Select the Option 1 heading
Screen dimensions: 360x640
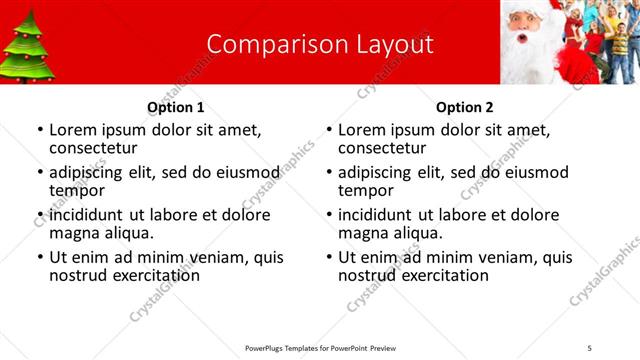click(x=176, y=107)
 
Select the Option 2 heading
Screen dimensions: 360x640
click(x=465, y=107)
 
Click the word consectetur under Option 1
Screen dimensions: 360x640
click(x=93, y=148)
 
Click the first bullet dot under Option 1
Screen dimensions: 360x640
click(x=39, y=130)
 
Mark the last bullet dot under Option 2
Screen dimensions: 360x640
click(x=328, y=257)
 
